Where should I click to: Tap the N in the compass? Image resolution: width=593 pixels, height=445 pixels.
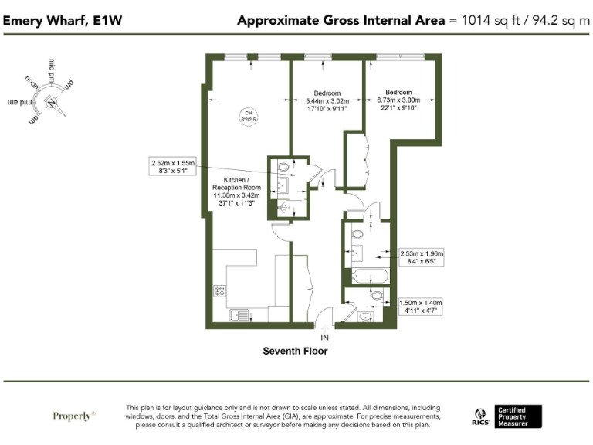(51, 102)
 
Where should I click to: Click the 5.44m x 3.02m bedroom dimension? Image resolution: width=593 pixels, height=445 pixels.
(327, 101)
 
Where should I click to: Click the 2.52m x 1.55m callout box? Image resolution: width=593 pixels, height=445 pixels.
(175, 167)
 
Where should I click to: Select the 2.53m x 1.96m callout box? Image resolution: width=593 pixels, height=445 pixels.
(422, 257)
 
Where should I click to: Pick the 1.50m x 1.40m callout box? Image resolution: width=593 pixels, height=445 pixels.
(422, 306)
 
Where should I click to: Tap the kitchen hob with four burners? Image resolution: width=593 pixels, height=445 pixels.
(219, 291)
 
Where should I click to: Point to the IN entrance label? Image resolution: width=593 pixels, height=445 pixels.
(325, 338)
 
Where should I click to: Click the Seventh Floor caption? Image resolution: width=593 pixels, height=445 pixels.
(295, 351)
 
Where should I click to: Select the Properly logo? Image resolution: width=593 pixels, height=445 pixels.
(74, 416)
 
